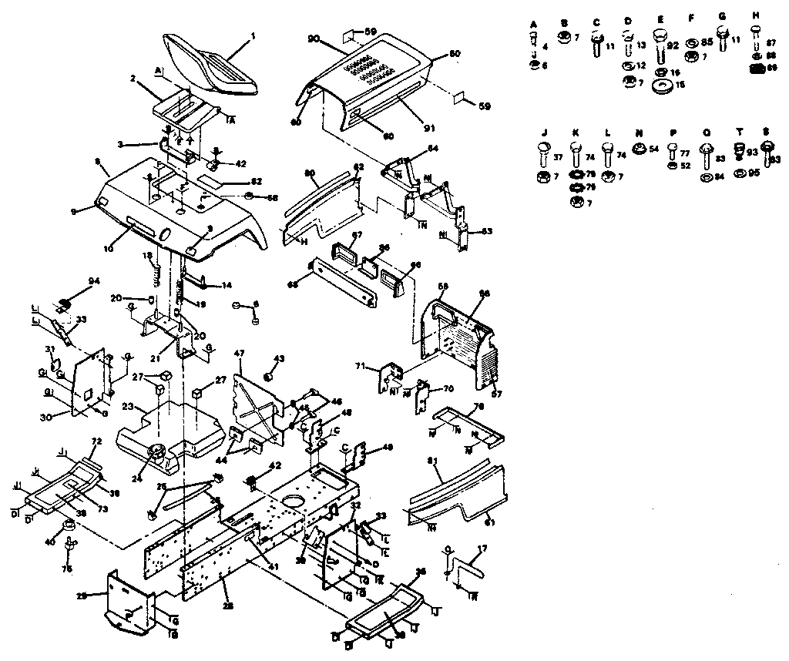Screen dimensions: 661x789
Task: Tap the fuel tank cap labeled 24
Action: click(159, 451)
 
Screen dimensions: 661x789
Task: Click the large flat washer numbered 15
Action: click(661, 84)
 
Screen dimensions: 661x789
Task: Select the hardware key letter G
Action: click(722, 15)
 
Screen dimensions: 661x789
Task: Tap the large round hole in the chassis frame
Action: click(293, 503)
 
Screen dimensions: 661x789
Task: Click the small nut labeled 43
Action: click(270, 376)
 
